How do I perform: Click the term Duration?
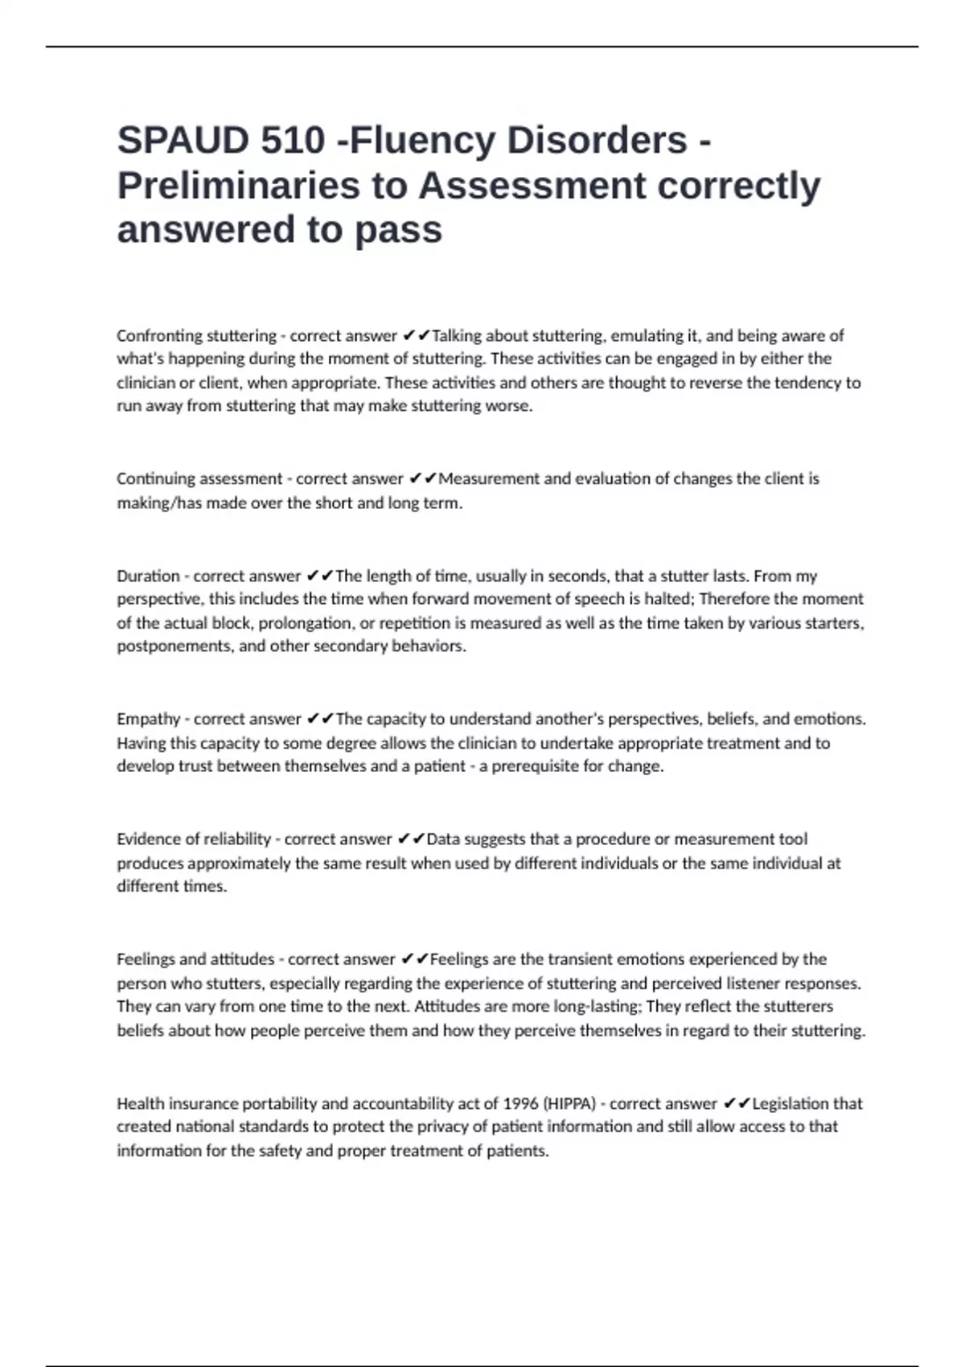coord(148,576)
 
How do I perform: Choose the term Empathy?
coord(148,719)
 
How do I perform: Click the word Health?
coord(138,1104)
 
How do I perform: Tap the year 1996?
coord(522,1104)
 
